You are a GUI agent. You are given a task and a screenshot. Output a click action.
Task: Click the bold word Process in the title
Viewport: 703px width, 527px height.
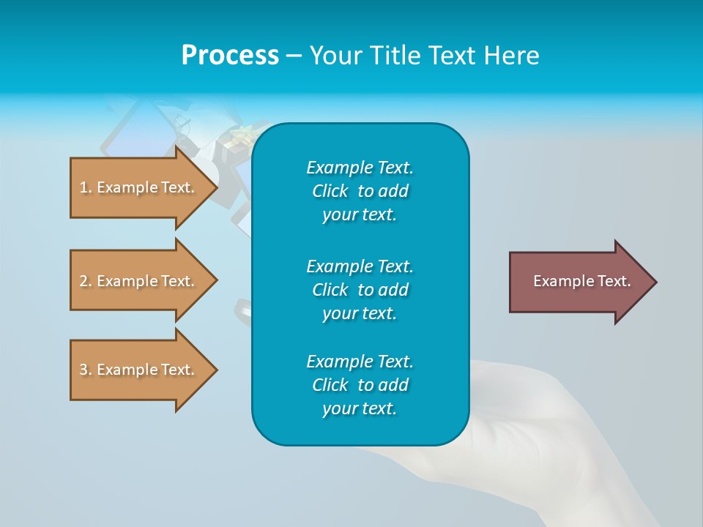click(x=230, y=56)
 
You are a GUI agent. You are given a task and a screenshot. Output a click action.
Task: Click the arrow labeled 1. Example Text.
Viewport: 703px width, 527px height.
click(x=139, y=187)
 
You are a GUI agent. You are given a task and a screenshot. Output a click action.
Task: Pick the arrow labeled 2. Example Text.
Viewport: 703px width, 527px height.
click(x=139, y=281)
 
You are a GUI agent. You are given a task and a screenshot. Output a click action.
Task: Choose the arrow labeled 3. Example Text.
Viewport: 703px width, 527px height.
click(x=139, y=370)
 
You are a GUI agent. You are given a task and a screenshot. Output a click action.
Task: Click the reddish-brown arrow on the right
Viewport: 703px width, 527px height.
click(x=579, y=282)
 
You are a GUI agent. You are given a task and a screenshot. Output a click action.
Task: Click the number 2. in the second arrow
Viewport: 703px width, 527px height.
click(x=86, y=281)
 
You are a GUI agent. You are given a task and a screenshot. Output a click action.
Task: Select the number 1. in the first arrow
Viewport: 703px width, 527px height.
click(x=86, y=187)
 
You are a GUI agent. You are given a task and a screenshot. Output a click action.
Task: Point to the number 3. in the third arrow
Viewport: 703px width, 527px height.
click(x=86, y=370)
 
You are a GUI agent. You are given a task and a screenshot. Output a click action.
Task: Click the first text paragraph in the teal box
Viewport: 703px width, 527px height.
click(x=360, y=191)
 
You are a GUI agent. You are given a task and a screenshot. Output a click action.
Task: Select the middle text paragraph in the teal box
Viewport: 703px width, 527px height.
click(x=360, y=290)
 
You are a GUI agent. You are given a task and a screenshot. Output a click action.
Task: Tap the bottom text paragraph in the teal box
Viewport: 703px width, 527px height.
click(x=360, y=385)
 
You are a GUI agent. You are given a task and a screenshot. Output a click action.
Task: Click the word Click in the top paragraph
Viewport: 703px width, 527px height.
click(x=330, y=191)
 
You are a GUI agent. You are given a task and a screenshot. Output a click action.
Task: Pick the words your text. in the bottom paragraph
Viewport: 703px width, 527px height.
click(x=360, y=409)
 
